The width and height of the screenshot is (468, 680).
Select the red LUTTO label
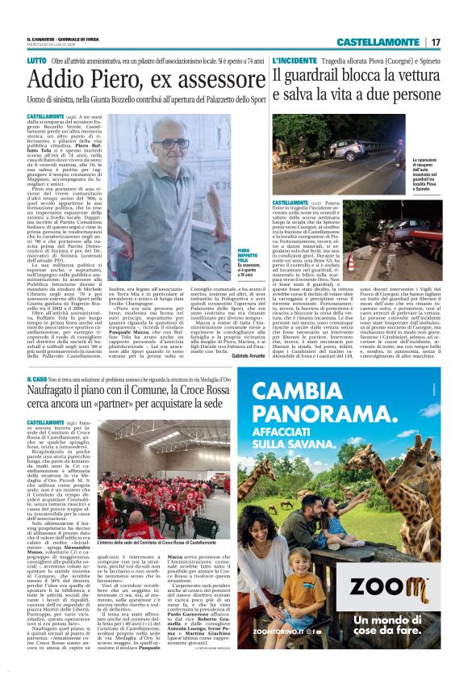[36, 61]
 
